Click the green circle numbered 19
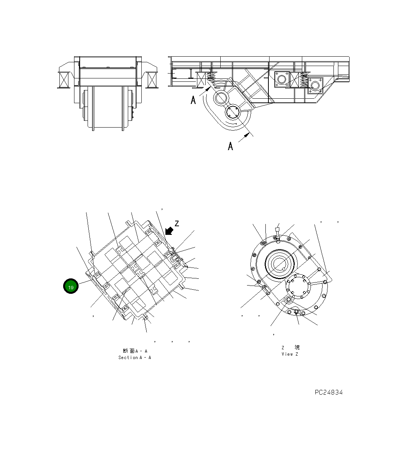[71, 287]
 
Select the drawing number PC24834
[329, 392]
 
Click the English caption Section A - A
[135, 358]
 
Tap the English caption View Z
[289, 354]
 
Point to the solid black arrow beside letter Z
[169, 231]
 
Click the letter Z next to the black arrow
[177, 224]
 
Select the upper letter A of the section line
[193, 100]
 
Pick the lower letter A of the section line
[230, 146]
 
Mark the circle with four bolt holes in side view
[233, 113]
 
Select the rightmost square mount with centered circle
[315, 86]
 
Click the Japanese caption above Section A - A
[135, 351]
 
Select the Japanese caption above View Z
[290, 347]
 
